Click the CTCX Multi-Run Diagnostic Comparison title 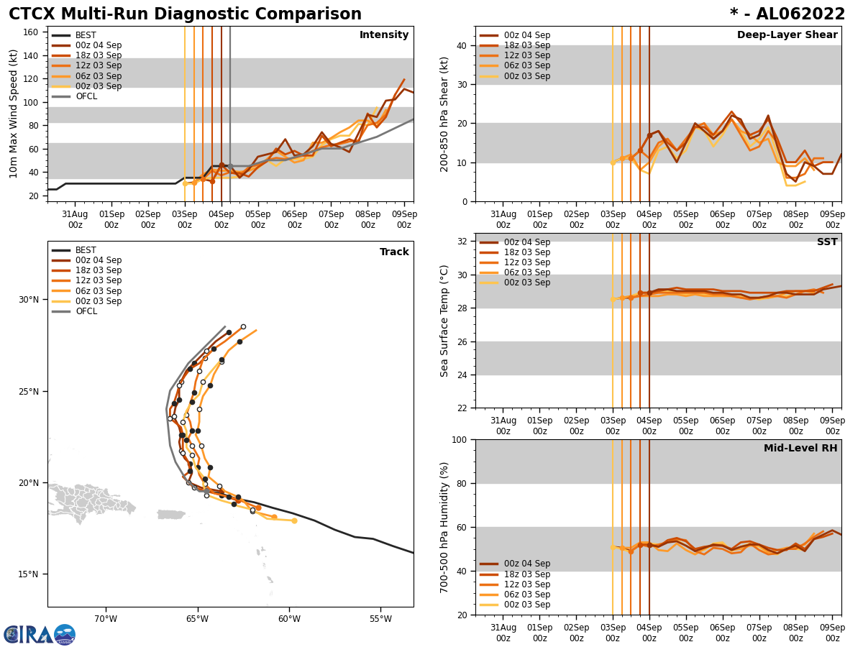pos(185,14)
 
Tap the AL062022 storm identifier pos(787,14)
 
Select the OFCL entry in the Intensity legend pos(86,96)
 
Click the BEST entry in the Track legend pos(86,250)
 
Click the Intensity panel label pos(384,35)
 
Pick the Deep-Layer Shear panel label pos(787,35)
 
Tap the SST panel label pos(827,242)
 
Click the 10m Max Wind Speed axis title pos(14,114)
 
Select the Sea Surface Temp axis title pos(444,321)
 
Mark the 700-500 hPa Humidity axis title pos(444,527)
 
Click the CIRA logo pos(40,634)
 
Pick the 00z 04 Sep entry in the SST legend pos(526,242)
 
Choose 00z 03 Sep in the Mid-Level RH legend pos(526,605)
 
